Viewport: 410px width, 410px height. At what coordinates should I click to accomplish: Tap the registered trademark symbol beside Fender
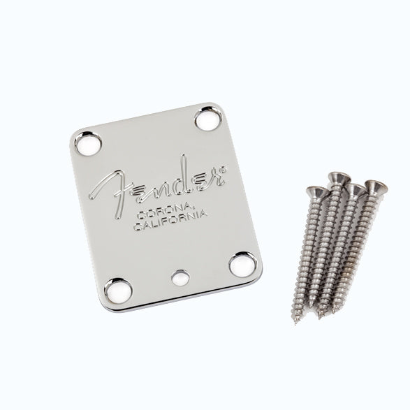pos(223,170)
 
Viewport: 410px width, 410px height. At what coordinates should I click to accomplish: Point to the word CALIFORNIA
pos(170,221)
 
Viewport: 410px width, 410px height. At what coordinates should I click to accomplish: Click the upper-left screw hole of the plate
pos(88,144)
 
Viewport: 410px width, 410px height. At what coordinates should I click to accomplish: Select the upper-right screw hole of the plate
pos(208,119)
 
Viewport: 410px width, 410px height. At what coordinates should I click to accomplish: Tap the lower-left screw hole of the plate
pos(118,291)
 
